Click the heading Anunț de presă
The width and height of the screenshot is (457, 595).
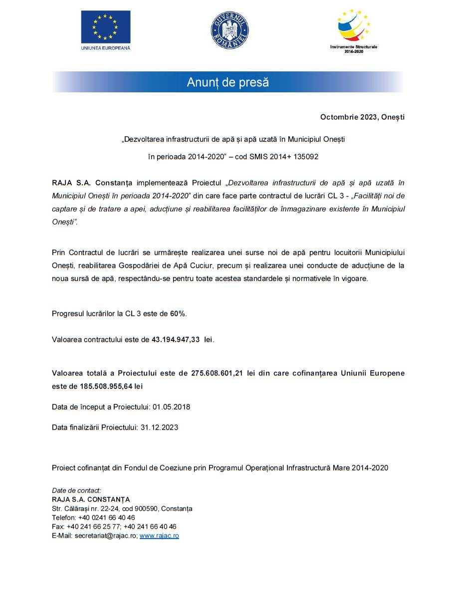click(x=228, y=82)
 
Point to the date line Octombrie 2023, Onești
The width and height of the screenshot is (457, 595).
click(x=362, y=117)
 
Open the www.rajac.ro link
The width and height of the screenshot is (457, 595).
click(x=159, y=536)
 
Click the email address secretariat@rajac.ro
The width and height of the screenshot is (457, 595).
click(x=106, y=536)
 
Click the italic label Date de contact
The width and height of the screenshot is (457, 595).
click(x=76, y=491)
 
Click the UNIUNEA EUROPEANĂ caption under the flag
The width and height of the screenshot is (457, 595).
click(x=105, y=48)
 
